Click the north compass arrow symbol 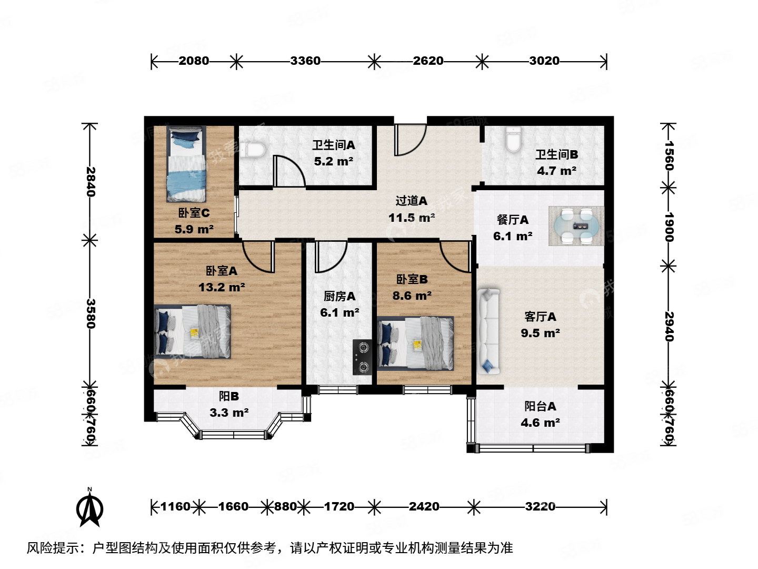click(89, 508)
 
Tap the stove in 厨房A click(362, 357)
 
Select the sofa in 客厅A click(488, 331)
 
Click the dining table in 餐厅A click(576, 226)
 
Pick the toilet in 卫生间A click(252, 150)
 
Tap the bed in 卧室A click(193, 331)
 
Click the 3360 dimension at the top click(305, 61)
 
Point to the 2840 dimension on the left click(91, 182)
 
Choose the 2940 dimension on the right click(669, 327)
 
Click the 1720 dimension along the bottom click(339, 507)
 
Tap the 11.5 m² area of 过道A click(412, 218)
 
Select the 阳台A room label click(540, 406)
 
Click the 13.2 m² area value click(222, 288)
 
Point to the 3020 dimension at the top click(544, 61)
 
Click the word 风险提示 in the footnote click(53, 548)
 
